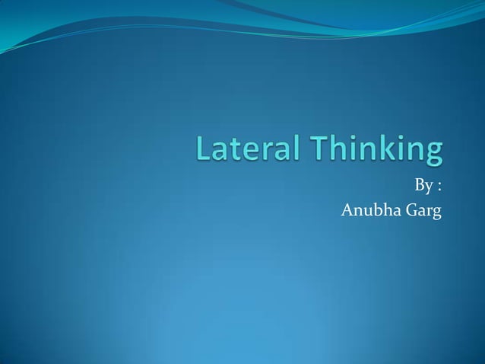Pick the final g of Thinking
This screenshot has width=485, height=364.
[x=433, y=155]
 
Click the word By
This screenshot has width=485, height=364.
[x=423, y=186]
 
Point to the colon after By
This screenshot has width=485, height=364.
[x=439, y=187]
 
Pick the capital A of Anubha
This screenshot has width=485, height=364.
[x=347, y=209]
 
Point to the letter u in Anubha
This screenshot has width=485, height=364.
[x=366, y=211]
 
